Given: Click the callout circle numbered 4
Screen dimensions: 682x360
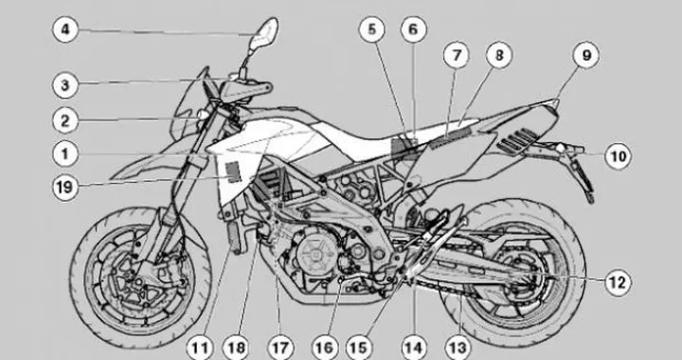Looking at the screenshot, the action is click(x=64, y=29).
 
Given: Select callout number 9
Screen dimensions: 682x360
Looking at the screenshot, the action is click(x=585, y=55).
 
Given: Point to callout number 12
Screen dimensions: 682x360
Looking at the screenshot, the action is click(x=617, y=280).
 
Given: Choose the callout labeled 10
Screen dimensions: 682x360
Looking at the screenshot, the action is click(x=617, y=154).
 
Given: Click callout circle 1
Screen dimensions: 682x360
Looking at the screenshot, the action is click(x=64, y=152).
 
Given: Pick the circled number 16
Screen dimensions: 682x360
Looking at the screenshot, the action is click(x=324, y=348).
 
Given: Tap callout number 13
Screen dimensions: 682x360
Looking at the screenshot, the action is click(x=458, y=348).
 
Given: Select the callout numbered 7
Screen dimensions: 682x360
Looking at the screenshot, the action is click(x=456, y=55).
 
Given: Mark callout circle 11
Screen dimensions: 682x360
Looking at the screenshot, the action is click(x=200, y=348).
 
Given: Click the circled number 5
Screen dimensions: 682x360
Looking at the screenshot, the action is click(x=372, y=29).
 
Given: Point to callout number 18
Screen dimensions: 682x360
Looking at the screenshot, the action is click(x=237, y=348).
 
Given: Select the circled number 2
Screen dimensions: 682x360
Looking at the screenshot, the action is click(x=64, y=120).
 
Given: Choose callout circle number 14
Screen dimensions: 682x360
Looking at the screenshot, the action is click(x=412, y=348).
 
